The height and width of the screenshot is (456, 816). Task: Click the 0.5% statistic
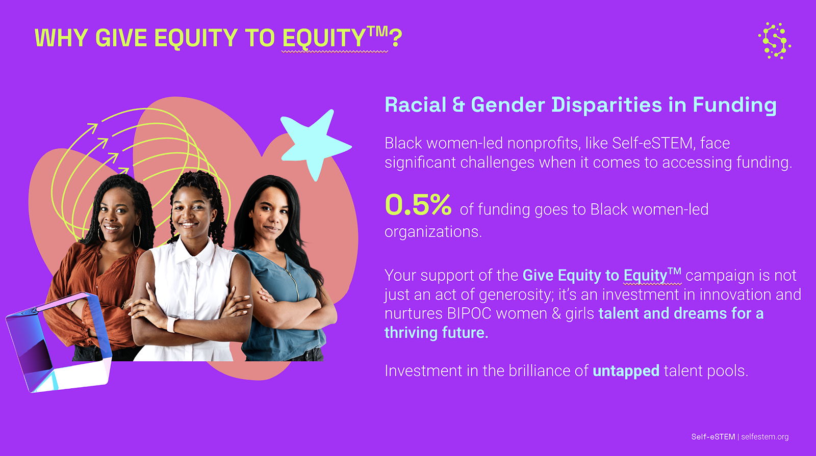[418, 204]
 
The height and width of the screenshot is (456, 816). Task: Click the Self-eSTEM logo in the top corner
[775, 41]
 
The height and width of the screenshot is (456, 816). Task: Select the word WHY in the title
[61, 38]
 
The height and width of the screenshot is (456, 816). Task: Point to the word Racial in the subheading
[415, 105]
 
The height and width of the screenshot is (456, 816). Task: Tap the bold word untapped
[626, 371]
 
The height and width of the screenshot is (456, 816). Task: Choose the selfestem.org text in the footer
[764, 437]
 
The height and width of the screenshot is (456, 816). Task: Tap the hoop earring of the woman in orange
[137, 236]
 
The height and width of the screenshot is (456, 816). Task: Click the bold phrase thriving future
[437, 333]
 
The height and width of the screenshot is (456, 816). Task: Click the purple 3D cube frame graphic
[58, 342]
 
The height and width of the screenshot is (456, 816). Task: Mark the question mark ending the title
[395, 38]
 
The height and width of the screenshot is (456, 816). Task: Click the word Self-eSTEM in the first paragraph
[652, 143]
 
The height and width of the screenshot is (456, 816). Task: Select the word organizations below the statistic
[433, 232]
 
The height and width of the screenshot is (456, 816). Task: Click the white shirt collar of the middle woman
[193, 252]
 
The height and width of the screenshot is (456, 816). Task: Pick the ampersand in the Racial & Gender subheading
[458, 105]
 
